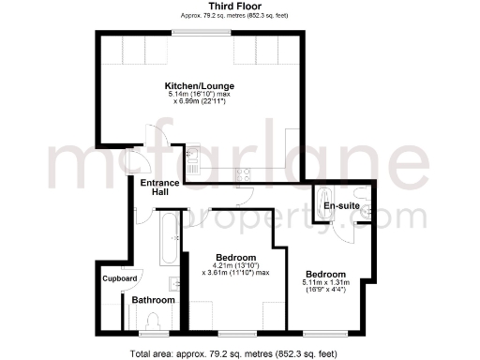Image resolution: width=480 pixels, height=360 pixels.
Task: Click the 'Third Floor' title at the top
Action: [202, 7]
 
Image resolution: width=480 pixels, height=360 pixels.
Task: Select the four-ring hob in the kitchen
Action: [242, 172]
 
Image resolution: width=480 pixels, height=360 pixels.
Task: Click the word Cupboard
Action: [121, 278]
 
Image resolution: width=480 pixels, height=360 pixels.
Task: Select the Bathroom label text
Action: [152, 300]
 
